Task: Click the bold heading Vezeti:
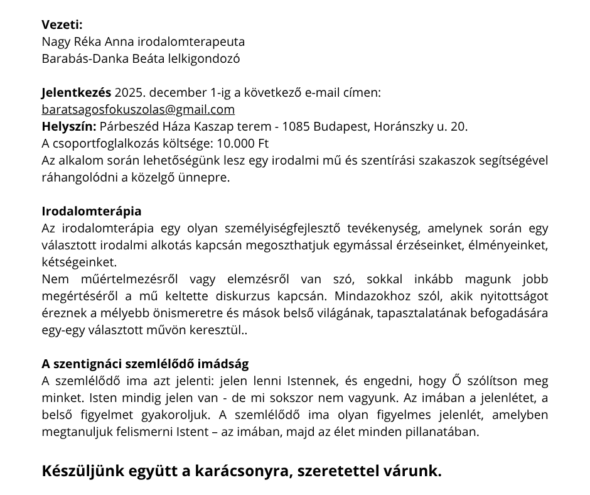click(62, 25)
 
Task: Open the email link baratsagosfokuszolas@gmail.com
click(138, 109)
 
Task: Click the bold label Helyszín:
click(69, 126)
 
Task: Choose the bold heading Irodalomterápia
click(92, 211)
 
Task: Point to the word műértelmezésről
click(110, 279)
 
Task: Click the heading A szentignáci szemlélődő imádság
click(145, 364)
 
